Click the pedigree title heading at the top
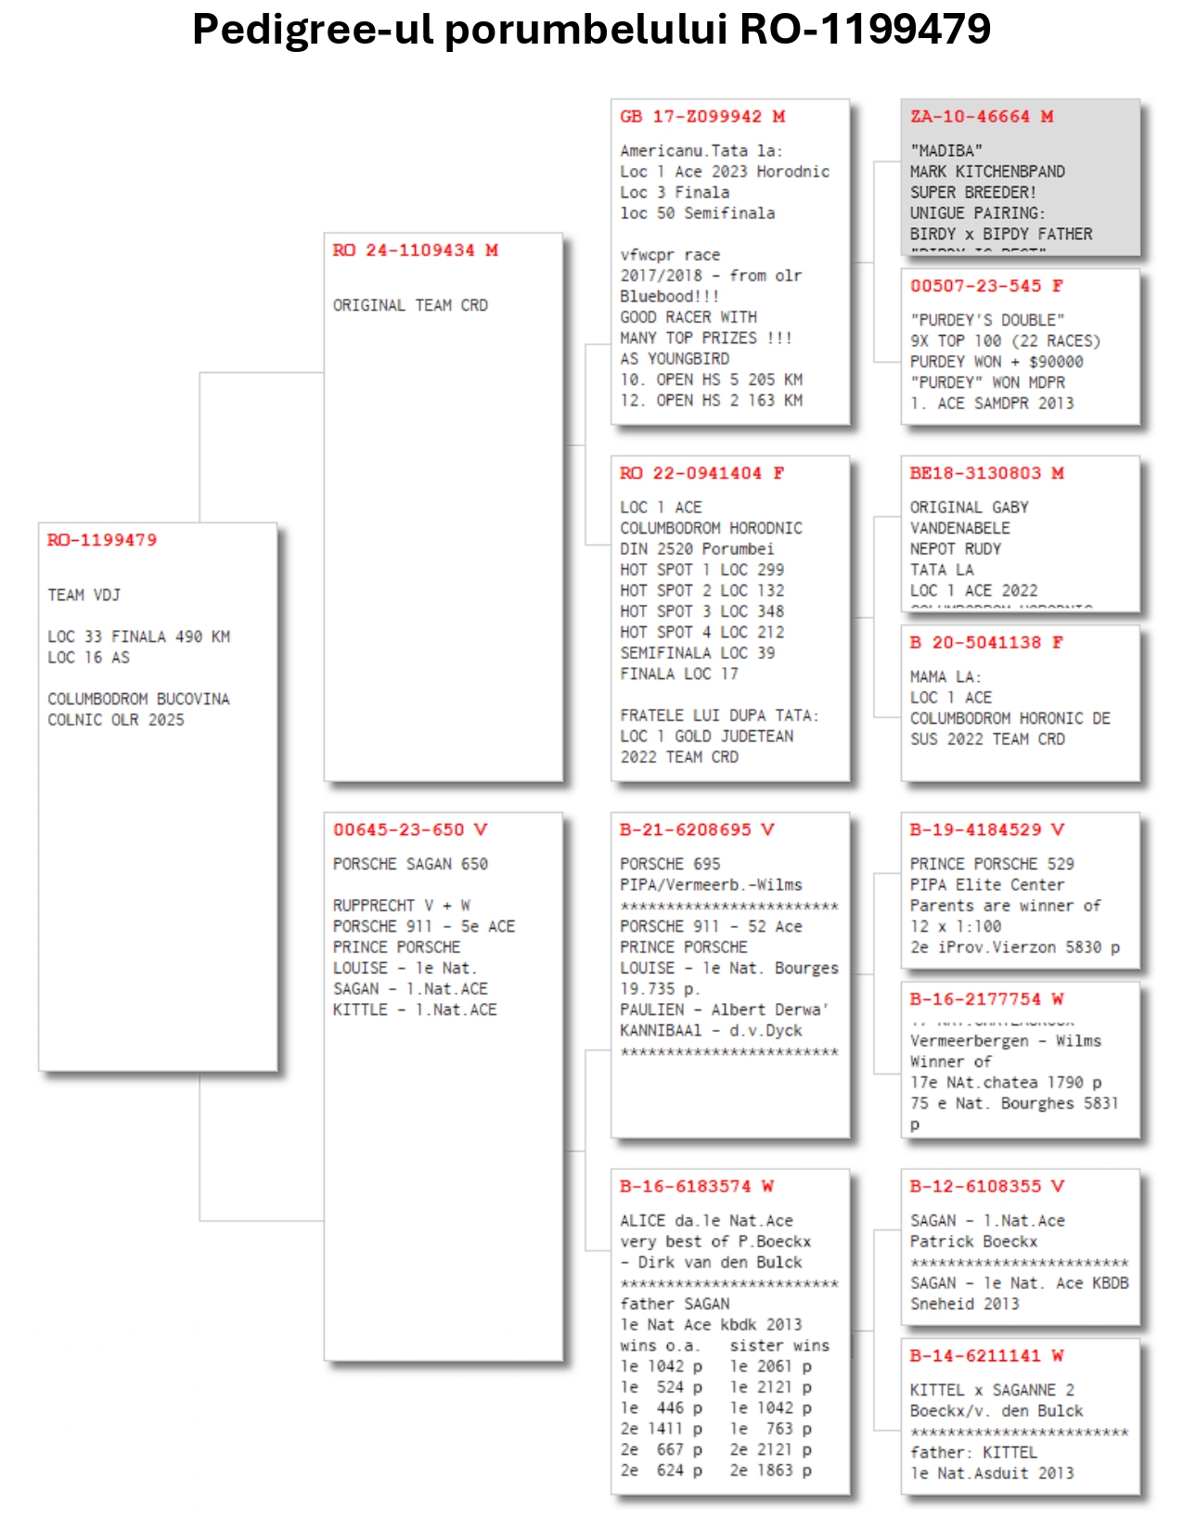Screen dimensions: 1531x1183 point(591,30)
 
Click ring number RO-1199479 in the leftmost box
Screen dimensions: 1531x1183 point(102,540)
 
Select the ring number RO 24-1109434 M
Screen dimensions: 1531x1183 point(415,251)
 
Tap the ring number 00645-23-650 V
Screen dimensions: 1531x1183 point(409,830)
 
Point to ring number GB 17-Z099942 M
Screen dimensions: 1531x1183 point(702,117)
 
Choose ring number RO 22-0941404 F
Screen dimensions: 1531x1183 point(701,473)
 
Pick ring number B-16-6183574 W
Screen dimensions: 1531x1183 point(696,1186)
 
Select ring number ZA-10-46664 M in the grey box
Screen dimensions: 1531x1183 point(981,117)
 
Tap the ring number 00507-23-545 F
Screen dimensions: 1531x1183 point(986,286)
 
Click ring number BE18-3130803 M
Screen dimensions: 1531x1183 point(986,473)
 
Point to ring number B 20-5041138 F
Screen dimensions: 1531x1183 point(986,642)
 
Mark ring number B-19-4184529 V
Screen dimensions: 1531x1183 point(986,830)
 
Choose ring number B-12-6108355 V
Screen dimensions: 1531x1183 point(986,1186)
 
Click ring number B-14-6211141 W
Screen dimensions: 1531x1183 point(986,1356)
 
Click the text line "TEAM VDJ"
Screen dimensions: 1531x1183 point(84,595)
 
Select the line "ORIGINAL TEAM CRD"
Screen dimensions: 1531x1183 point(410,305)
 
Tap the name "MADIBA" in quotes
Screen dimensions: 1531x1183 point(945,150)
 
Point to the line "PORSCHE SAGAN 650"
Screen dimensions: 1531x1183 point(410,864)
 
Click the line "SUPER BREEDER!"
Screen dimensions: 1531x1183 point(972,192)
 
